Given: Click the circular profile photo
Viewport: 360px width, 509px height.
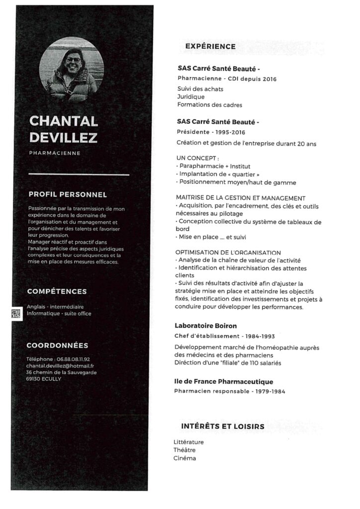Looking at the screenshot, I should pos(71,69).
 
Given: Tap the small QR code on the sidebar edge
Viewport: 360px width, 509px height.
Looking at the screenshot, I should pos(16,313).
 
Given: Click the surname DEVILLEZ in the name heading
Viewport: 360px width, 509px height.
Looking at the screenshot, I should pos(63,137).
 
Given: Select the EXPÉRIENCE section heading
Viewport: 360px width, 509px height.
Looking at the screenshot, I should pos(210,46).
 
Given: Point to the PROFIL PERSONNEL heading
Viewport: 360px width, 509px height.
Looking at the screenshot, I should pos(68,195).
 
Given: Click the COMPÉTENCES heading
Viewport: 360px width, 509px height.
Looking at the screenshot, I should pos(57,291).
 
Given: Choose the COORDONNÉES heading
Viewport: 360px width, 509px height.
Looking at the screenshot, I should pos(57,345).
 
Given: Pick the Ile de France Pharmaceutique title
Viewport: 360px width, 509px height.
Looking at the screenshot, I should pos(223,382).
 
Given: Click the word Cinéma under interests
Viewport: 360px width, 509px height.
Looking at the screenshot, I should pos(184,458).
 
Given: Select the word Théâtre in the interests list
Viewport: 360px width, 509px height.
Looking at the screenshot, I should pos(184,450).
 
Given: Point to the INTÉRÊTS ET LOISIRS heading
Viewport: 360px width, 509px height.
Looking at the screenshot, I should pos(223,426).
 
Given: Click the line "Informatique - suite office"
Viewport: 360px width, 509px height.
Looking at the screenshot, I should pos(59,314).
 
